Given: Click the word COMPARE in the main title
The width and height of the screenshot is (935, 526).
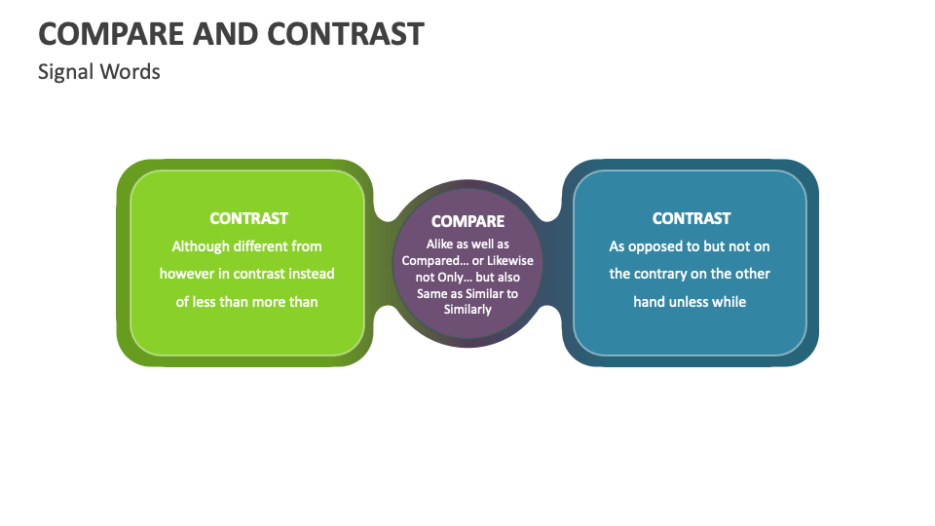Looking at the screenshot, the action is pyautogui.click(x=111, y=34).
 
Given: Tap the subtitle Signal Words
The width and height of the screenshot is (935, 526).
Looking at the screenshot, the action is pyautogui.click(x=99, y=72).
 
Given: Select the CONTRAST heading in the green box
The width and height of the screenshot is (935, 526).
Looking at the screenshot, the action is pyautogui.click(x=248, y=218).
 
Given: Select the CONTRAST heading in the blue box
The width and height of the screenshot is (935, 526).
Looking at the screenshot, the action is pyautogui.click(x=692, y=218).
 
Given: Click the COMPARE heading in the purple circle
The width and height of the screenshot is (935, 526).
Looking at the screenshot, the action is pyautogui.click(x=467, y=221).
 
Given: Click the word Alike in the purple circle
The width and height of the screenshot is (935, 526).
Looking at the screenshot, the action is pyautogui.click(x=439, y=244).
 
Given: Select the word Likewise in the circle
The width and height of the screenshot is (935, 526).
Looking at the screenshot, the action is pyautogui.click(x=510, y=261).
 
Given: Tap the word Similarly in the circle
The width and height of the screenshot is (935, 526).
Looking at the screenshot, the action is pyautogui.click(x=467, y=310).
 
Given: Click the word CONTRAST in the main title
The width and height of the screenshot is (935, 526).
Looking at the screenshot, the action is pyautogui.click(x=346, y=34).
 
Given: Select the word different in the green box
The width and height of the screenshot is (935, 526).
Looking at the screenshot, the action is pyautogui.click(x=260, y=246).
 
